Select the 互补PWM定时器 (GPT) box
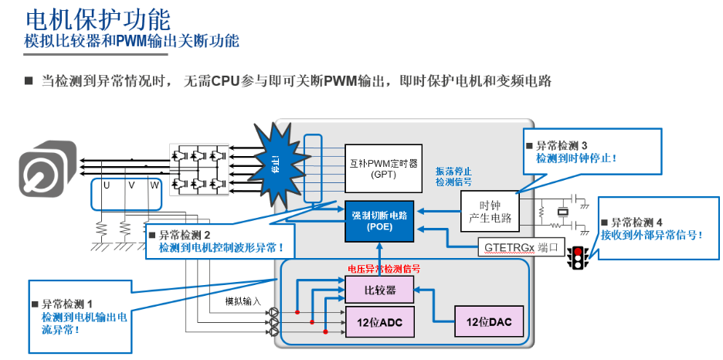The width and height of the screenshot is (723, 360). click(382, 168)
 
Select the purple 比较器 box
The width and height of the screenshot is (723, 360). click(380, 290)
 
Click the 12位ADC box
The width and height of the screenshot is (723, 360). click(380, 321)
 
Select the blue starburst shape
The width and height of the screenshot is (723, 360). click(277, 163)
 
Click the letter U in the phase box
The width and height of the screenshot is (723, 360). click(107, 185)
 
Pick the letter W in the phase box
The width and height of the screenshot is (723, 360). click(154, 185)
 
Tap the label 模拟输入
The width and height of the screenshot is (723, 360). click(243, 301)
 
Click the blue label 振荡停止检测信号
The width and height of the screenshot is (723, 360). click(453, 176)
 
